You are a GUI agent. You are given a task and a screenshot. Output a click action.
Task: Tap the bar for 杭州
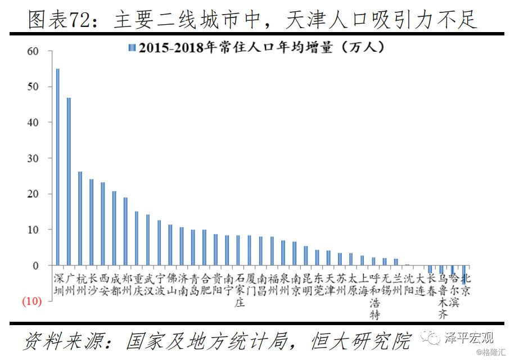pyautogui.click(x=80, y=218)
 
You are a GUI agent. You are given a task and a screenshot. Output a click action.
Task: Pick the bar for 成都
pyautogui.click(x=114, y=228)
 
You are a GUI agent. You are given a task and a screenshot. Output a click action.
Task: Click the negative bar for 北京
pyautogui.click(x=464, y=271)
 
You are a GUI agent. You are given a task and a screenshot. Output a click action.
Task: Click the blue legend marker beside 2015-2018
pyautogui.click(x=132, y=48)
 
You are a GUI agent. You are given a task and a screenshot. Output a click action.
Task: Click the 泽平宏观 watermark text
pyautogui.click(x=468, y=337)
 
